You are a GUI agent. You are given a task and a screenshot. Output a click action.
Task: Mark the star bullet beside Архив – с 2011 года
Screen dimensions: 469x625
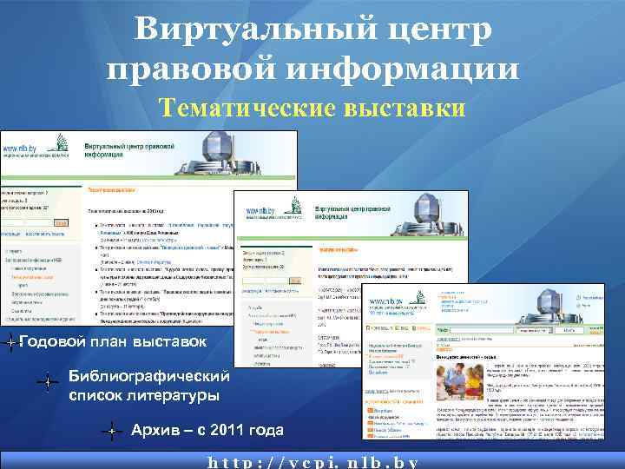point(112,430)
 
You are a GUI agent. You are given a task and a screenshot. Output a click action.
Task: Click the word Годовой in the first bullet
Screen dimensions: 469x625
point(51,342)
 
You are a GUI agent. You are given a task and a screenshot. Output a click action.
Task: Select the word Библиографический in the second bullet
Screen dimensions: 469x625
point(149,377)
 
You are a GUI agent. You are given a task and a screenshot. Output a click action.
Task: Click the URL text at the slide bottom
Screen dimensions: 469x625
point(312,461)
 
